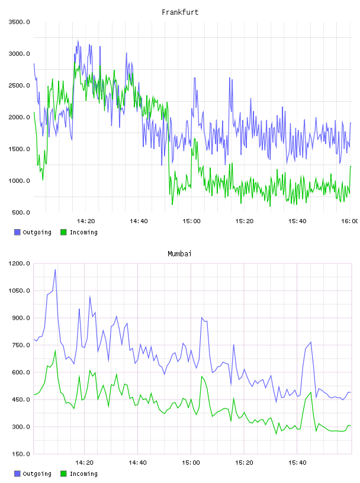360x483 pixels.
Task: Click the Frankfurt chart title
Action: click(x=180, y=12)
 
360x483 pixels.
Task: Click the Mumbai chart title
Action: click(x=179, y=254)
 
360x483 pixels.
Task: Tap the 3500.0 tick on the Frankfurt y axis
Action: click(x=20, y=22)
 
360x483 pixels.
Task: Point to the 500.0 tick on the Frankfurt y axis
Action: click(x=21, y=212)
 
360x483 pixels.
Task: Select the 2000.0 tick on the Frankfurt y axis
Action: click(x=20, y=117)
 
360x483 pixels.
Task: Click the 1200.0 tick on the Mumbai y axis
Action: click(x=20, y=263)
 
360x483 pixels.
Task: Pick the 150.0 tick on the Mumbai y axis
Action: click(x=21, y=454)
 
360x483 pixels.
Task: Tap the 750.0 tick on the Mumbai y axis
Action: click(x=21, y=345)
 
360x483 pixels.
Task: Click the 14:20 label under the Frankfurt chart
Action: click(x=86, y=221)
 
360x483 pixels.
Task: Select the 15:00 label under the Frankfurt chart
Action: click(x=191, y=221)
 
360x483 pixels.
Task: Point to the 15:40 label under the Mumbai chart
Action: click(x=297, y=463)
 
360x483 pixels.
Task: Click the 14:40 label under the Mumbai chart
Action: click(x=138, y=463)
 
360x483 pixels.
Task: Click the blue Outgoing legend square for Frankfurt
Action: click(x=17, y=232)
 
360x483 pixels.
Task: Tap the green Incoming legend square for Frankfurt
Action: click(x=63, y=232)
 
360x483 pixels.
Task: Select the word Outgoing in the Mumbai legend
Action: click(x=37, y=474)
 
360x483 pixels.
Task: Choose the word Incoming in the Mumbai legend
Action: click(x=83, y=474)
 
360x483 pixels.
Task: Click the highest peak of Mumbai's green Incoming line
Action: click(x=55, y=350)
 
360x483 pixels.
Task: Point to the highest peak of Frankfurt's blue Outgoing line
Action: click(x=78, y=40)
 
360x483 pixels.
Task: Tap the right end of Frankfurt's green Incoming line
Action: click(x=351, y=166)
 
